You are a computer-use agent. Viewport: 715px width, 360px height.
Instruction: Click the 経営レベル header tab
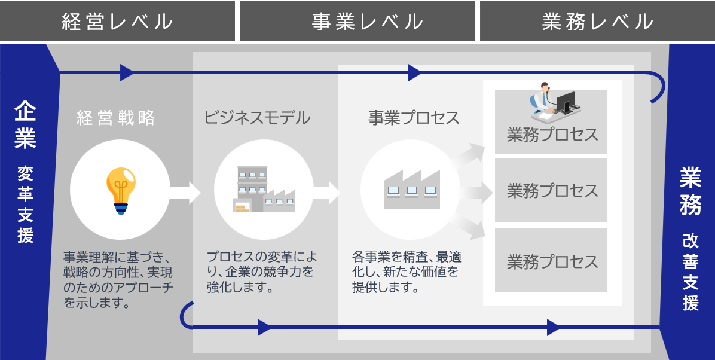point(118,21)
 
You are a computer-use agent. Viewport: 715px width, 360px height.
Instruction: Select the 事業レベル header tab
point(357,21)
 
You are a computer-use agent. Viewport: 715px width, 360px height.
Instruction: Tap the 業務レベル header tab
point(597,21)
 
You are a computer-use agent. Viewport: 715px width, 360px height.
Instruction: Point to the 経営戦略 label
point(116,118)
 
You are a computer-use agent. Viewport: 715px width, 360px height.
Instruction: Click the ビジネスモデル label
point(258,118)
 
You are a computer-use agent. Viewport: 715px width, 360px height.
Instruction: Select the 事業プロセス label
point(414,118)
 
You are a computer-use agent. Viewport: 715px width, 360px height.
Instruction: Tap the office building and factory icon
point(264,189)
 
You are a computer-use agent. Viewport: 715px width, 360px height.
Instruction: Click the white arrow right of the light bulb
point(183,193)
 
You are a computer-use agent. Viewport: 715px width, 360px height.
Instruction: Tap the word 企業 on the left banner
point(26,126)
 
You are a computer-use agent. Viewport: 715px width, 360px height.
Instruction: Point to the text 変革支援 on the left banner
point(26,204)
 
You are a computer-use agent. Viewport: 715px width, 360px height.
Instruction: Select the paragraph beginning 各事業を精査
point(407,272)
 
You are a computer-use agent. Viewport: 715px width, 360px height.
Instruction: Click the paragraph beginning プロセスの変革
point(262,272)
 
